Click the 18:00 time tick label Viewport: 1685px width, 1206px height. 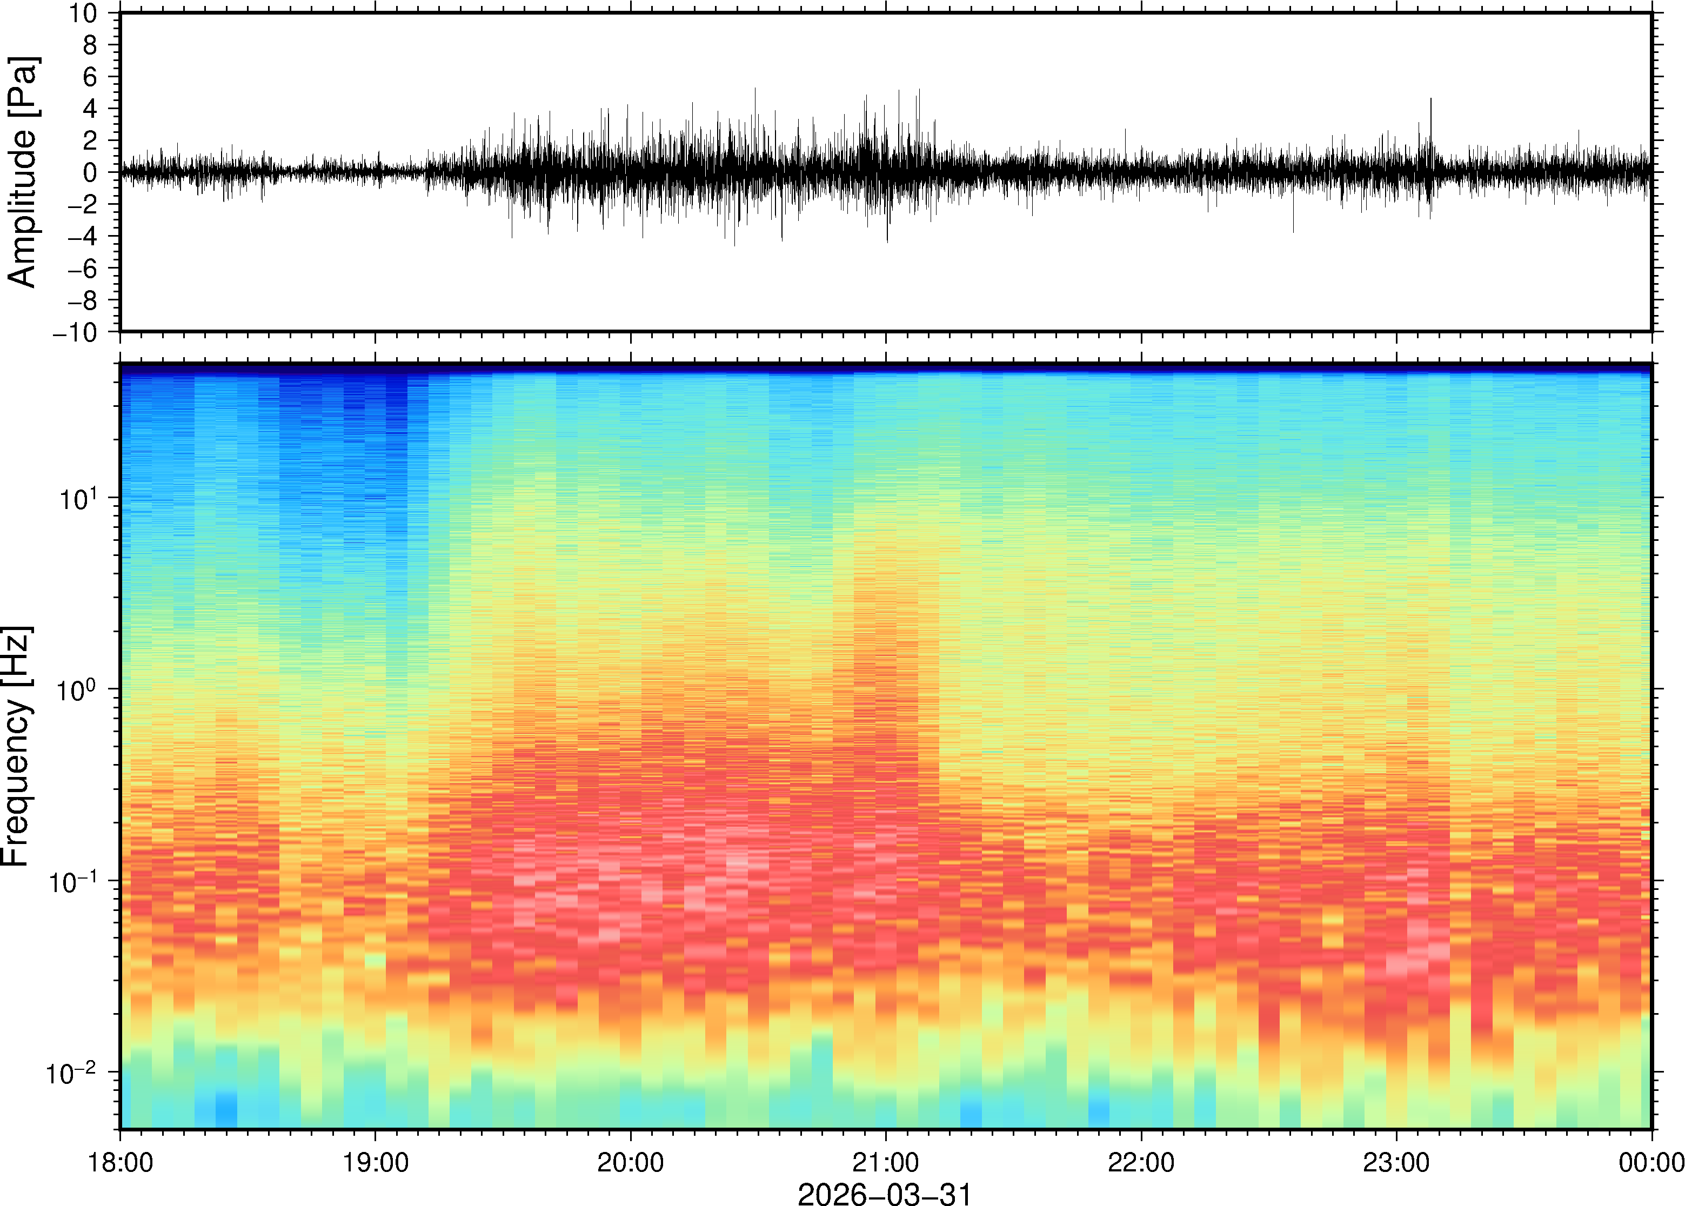[x=121, y=1162]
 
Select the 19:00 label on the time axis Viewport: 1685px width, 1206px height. [x=375, y=1162]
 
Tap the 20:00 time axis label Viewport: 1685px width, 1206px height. [x=631, y=1162]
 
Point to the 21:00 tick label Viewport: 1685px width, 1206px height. [x=886, y=1162]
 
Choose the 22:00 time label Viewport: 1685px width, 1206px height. [x=1141, y=1162]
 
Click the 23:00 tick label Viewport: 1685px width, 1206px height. [x=1396, y=1162]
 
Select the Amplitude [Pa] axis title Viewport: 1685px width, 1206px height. [x=22, y=172]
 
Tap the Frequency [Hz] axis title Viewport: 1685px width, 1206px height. [x=16, y=746]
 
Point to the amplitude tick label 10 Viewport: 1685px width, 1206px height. [x=83, y=14]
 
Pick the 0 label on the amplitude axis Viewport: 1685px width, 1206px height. [x=91, y=172]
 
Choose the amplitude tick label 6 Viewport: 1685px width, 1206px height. [x=91, y=77]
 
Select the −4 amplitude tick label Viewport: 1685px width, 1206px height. [x=83, y=236]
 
